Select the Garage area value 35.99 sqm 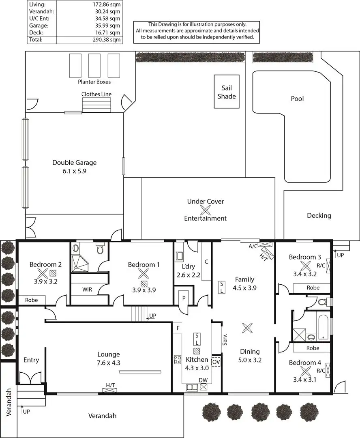coord(109,25)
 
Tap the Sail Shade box coord(227,92)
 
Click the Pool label coord(297,99)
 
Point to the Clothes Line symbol coord(96,105)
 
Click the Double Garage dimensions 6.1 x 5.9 coord(75,171)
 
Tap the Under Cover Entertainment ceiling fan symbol coord(206,210)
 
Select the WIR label coord(87,290)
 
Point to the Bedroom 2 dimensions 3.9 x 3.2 coord(45,280)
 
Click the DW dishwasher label coord(203,380)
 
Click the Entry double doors coord(30,379)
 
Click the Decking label coord(319,215)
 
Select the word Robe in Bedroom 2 coord(32,301)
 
